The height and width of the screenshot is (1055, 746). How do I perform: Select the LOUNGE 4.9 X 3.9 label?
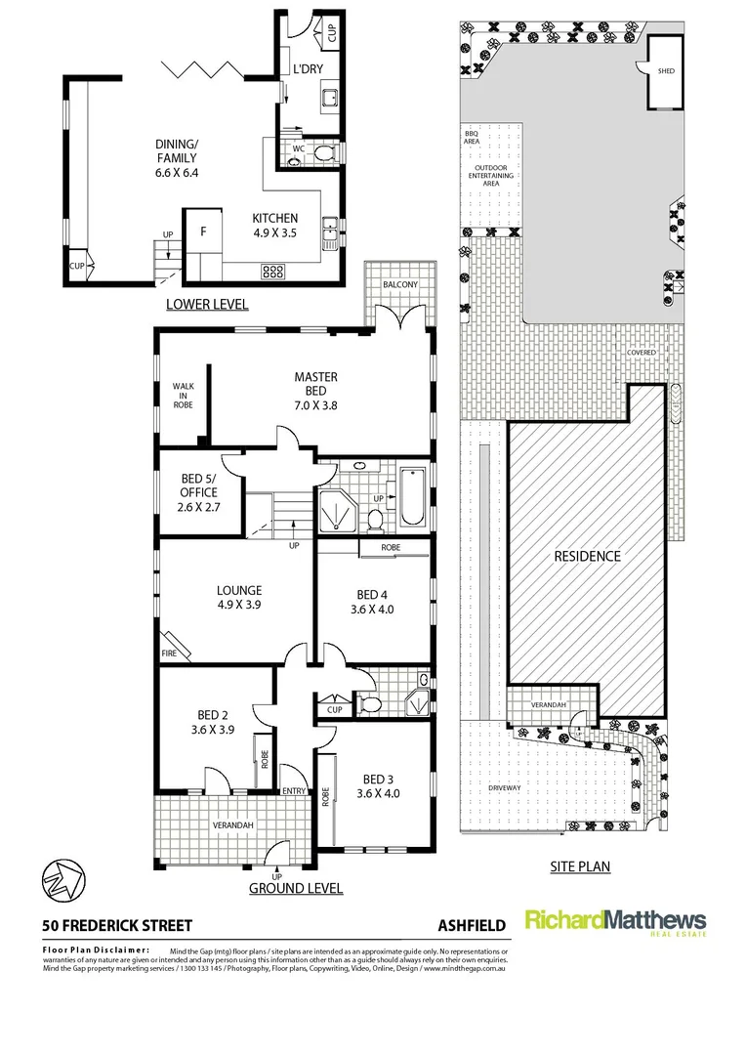(x=239, y=597)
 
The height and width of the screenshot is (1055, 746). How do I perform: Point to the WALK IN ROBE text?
(x=184, y=395)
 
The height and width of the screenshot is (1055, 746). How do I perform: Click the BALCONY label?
(x=399, y=284)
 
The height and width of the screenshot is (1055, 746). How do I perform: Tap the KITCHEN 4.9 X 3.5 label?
(x=275, y=226)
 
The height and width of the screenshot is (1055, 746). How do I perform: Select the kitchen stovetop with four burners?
(x=272, y=271)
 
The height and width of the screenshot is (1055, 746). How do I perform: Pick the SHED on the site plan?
(x=665, y=71)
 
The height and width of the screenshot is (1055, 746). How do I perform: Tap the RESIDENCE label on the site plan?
(x=587, y=557)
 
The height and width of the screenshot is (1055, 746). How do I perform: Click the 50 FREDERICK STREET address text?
(x=116, y=925)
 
